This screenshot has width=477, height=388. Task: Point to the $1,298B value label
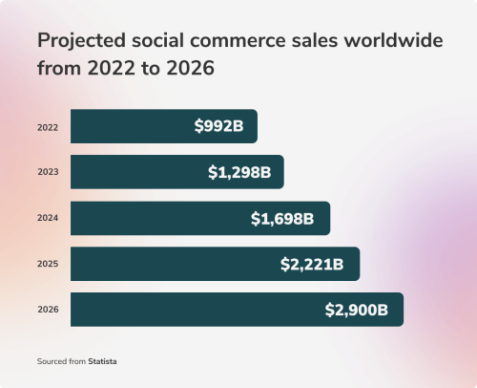[239, 172]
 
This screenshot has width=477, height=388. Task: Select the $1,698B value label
[282, 218]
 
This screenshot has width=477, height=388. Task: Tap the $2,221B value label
[312, 264]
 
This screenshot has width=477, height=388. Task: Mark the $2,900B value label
[356, 310]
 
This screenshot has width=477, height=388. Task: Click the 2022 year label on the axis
[48, 126]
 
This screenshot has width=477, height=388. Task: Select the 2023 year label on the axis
[48, 172]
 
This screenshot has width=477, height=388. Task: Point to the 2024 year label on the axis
[48, 218]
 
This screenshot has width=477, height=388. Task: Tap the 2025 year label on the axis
[48, 264]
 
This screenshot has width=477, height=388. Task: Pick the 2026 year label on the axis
[48, 310]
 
